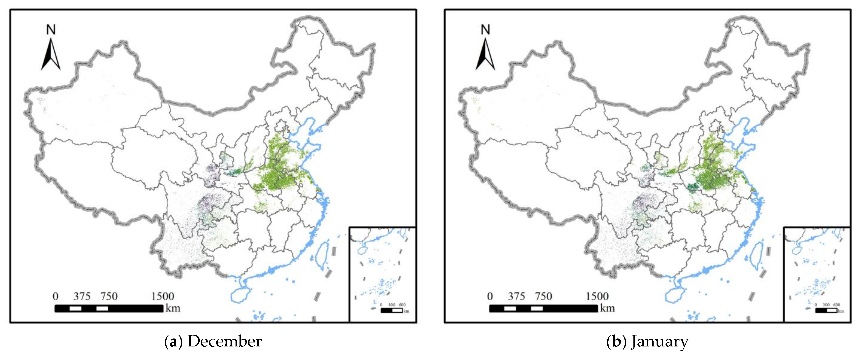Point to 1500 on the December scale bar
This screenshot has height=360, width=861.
tap(163, 296)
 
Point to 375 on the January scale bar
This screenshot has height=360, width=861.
tap(516, 296)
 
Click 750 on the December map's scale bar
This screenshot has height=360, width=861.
tap(109, 296)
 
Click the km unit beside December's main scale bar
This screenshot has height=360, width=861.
tap(173, 308)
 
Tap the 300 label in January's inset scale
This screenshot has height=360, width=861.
tap(826, 305)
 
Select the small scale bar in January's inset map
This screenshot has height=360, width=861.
tap(826, 311)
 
